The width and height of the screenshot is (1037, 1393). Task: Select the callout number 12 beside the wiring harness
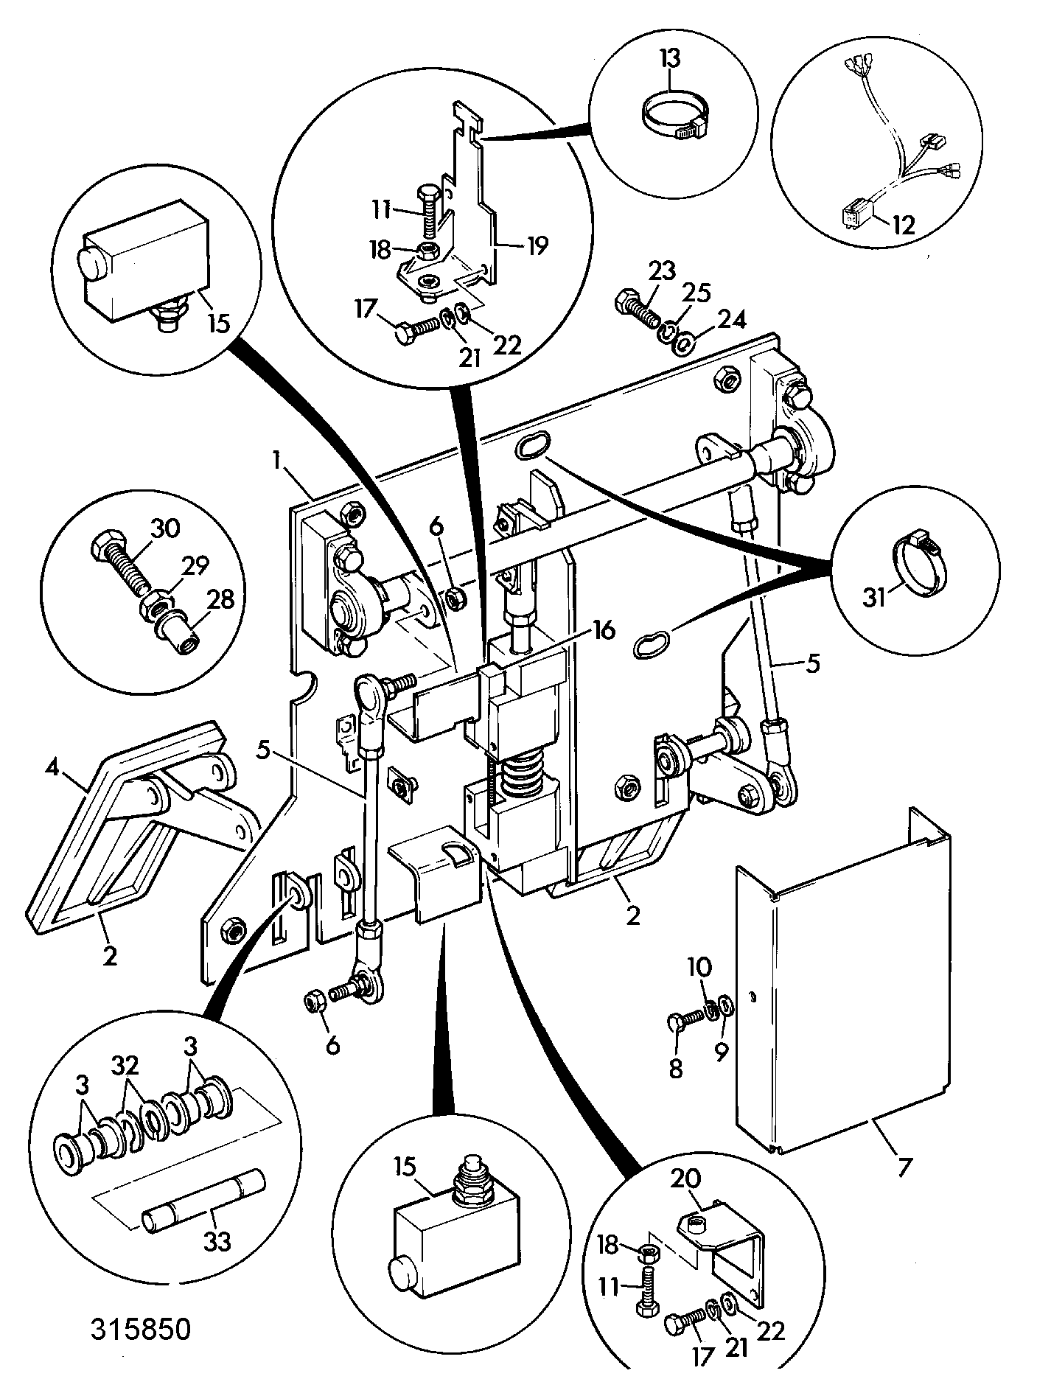pos(903,225)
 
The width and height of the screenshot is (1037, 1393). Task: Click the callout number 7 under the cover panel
pos(904,1167)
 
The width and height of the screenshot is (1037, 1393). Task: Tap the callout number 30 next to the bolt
pos(166,529)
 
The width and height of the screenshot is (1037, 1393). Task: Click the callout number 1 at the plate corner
pos(277,462)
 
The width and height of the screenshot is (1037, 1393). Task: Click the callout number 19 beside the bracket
pos(536,245)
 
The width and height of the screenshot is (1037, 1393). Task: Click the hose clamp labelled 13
pos(672,120)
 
